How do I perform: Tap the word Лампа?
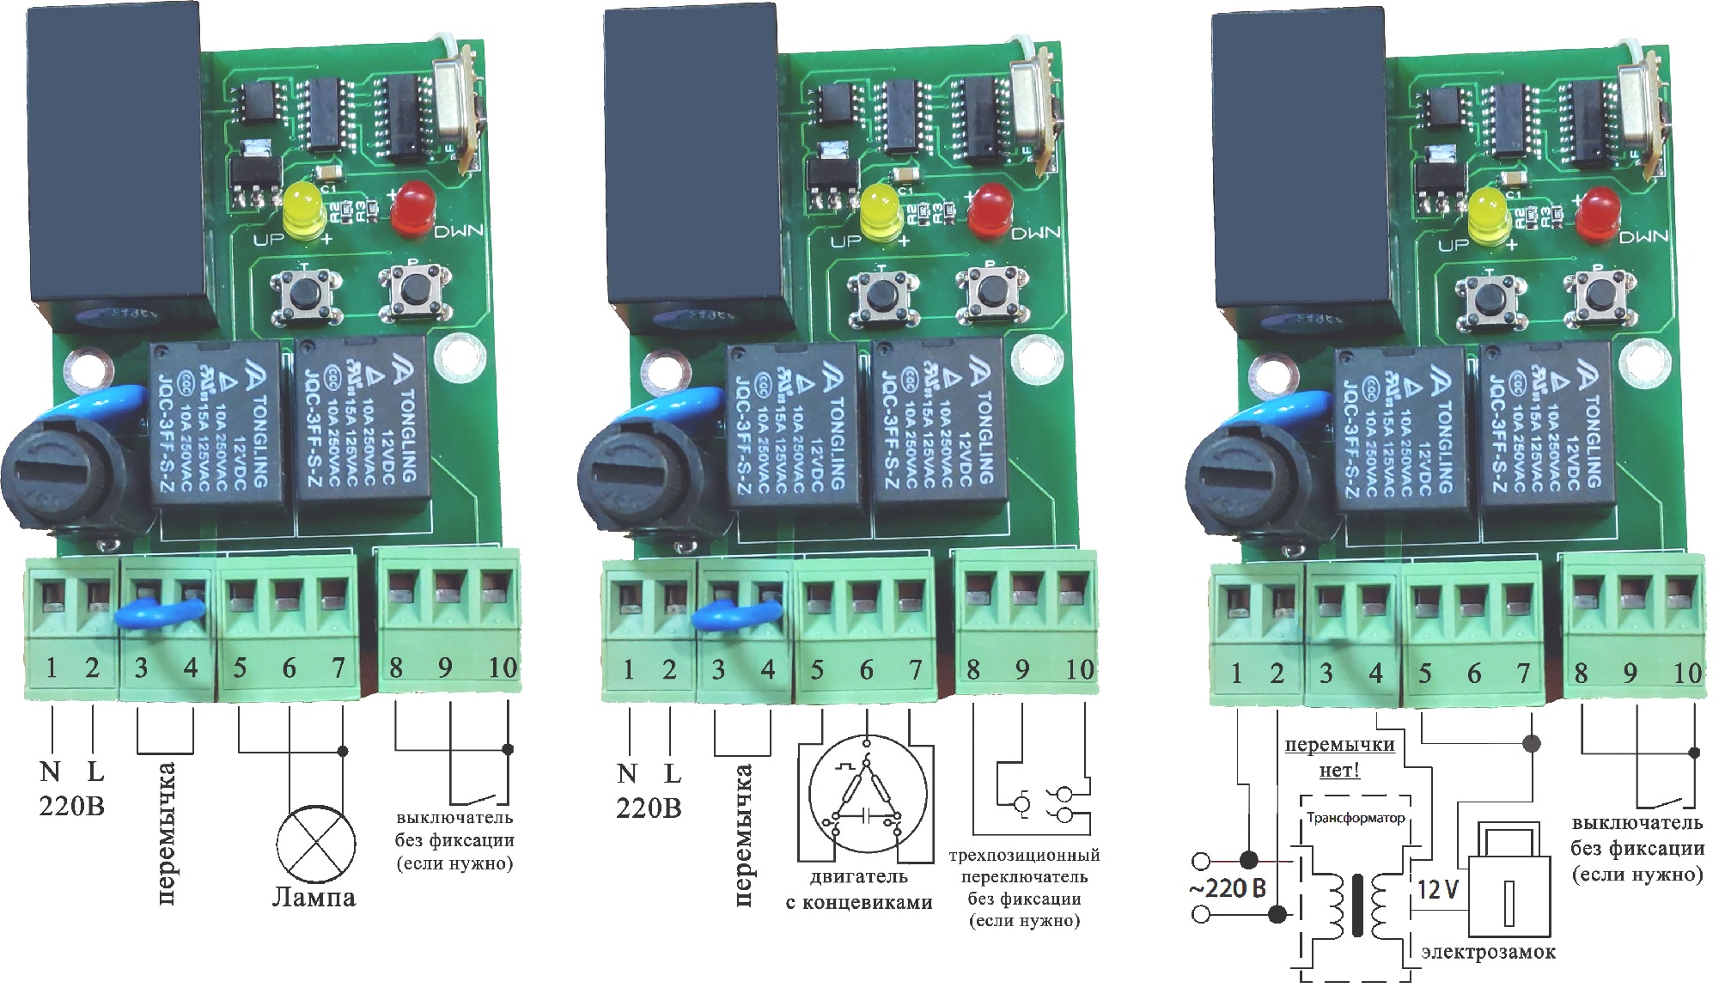[x=314, y=898]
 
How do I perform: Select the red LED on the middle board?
[x=990, y=208]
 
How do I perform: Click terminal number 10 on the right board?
[x=1686, y=673]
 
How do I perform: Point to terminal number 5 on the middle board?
[x=817, y=669]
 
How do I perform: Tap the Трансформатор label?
[x=1356, y=818]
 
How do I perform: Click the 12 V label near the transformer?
[x=1437, y=888]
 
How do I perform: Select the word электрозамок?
[x=1488, y=952]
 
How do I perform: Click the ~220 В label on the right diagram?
[x=1228, y=887]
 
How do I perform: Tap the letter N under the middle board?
[x=627, y=773]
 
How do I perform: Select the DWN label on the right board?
[x=1643, y=237]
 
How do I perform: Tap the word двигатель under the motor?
[x=858, y=877]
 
